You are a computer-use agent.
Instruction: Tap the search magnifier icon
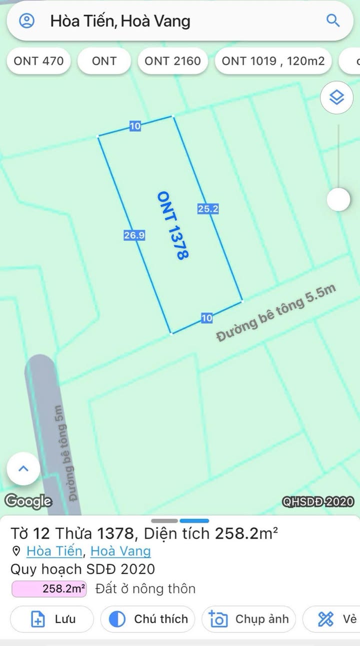[333, 20]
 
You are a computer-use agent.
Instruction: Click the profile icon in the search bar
[26, 21]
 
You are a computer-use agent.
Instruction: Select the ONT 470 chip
[38, 61]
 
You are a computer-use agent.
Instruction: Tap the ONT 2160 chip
[172, 61]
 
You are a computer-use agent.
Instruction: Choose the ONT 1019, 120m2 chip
[273, 61]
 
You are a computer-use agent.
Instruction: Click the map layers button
[337, 97]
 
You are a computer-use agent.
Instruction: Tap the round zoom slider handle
[338, 199]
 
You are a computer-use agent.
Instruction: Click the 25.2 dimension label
[208, 209]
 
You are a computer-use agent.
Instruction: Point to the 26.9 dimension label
[134, 235]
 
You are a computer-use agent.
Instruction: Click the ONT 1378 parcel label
[172, 225]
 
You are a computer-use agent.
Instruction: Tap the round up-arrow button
[23, 469]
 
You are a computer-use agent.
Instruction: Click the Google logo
[28, 501]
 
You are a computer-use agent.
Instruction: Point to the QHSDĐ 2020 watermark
[318, 502]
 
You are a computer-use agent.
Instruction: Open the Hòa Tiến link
[54, 551]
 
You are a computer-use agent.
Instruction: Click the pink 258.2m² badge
[49, 589]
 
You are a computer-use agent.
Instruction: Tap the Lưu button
[52, 620]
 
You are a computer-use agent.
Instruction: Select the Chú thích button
[148, 620]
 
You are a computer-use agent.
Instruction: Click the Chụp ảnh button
[249, 620]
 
